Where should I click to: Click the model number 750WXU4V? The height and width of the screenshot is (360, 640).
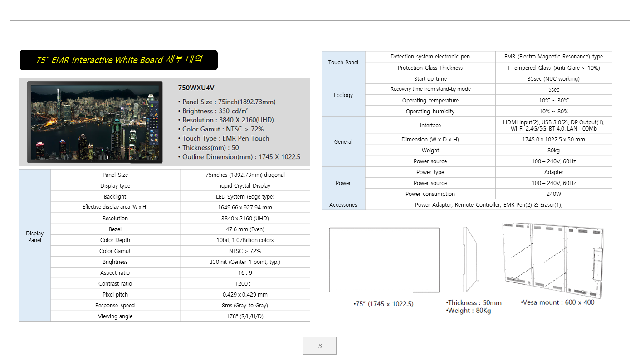(x=196, y=88)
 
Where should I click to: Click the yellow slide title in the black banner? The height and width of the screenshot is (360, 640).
(x=119, y=60)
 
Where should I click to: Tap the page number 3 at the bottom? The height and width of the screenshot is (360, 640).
(x=320, y=346)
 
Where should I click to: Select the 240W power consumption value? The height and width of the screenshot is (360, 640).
(x=553, y=194)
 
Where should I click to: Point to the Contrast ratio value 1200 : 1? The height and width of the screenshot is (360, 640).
(x=245, y=284)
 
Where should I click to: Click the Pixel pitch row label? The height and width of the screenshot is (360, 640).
(x=115, y=295)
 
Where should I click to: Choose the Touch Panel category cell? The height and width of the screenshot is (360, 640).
(x=343, y=62)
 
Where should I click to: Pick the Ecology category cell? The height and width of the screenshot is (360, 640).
(x=343, y=95)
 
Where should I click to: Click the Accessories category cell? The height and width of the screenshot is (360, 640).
(x=343, y=205)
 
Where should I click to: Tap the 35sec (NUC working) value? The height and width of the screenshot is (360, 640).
(x=553, y=79)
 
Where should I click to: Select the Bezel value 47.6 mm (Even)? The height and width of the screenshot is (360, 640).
(x=245, y=229)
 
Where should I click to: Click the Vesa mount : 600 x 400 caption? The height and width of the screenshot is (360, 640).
(x=557, y=302)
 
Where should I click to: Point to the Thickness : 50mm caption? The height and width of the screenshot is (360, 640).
(x=474, y=302)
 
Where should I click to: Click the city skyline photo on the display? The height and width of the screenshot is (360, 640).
(x=95, y=122)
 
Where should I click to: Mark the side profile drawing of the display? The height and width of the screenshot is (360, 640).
(x=470, y=259)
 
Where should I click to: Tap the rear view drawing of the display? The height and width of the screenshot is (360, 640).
(x=553, y=260)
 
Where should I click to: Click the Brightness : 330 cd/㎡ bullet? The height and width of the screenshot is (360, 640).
(x=213, y=111)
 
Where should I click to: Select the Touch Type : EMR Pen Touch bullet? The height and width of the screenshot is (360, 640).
(x=224, y=139)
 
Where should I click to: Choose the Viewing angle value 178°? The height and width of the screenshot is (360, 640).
(x=245, y=316)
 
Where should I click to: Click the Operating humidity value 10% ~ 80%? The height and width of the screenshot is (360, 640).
(x=553, y=112)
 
